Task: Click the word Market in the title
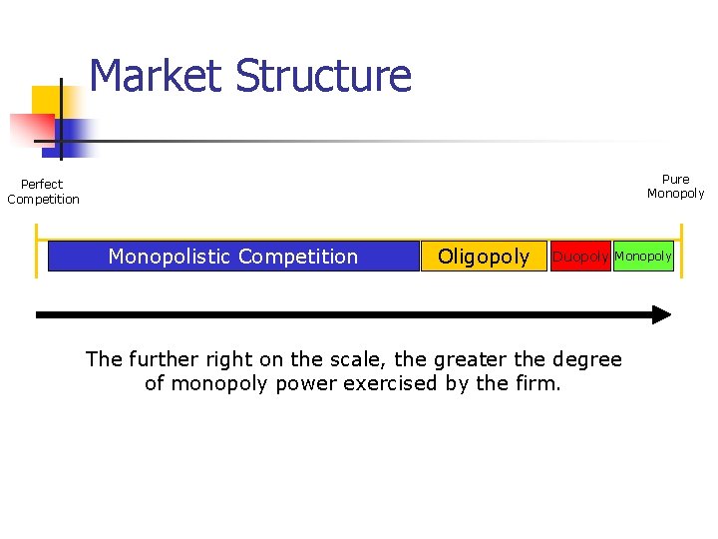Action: point(156,76)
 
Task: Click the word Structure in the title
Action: point(324,76)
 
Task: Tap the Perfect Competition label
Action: point(43,192)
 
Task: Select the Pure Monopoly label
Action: point(675,187)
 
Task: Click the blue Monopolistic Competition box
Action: point(233,257)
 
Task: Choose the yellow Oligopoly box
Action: point(484,257)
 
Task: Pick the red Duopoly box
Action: point(580,257)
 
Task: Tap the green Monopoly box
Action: point(643,257)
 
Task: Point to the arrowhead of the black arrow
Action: point(661,314)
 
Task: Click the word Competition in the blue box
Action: point(298,257)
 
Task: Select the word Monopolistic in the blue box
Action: point(171,257)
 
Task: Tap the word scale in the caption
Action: point(358,359)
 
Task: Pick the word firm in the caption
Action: point(538,383)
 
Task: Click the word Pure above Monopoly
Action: point(675,180)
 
